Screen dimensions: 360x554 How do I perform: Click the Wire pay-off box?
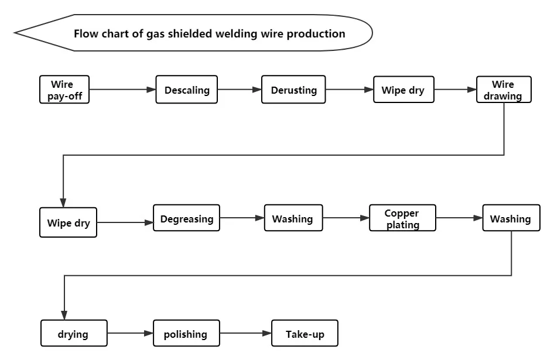[x=65, y=90]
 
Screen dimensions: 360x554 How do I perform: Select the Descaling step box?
[x=186, y=90]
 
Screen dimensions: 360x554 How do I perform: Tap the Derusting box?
[x=293, y=90]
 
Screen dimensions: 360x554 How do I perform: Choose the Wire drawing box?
[x=503, y=90]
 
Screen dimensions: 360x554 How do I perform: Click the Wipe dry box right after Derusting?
[x=403, y=90]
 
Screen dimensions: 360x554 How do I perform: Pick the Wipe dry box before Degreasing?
[x=69, y=223]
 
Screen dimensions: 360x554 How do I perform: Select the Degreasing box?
[x=186, y=219]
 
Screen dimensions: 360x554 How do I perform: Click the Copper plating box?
[x=402, y=219]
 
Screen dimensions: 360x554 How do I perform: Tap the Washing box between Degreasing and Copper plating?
[x=293, y=219]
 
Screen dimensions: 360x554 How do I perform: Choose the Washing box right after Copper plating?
[x=510, y=219]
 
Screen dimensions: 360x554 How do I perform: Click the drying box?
[x=74, y=334]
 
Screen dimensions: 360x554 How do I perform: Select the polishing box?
[x=186, y=334]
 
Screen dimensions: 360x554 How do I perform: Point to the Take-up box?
[x=305, y=334]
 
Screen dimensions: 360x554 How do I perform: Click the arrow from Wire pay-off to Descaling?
[x=123, y=90]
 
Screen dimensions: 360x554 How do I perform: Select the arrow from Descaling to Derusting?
[x=239, y=90]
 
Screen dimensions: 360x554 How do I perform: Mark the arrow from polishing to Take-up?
[x=245, y=334]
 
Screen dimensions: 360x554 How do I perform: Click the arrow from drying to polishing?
[x=130, y=334]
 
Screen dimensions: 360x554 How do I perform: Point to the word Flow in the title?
[x=86, y=33]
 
